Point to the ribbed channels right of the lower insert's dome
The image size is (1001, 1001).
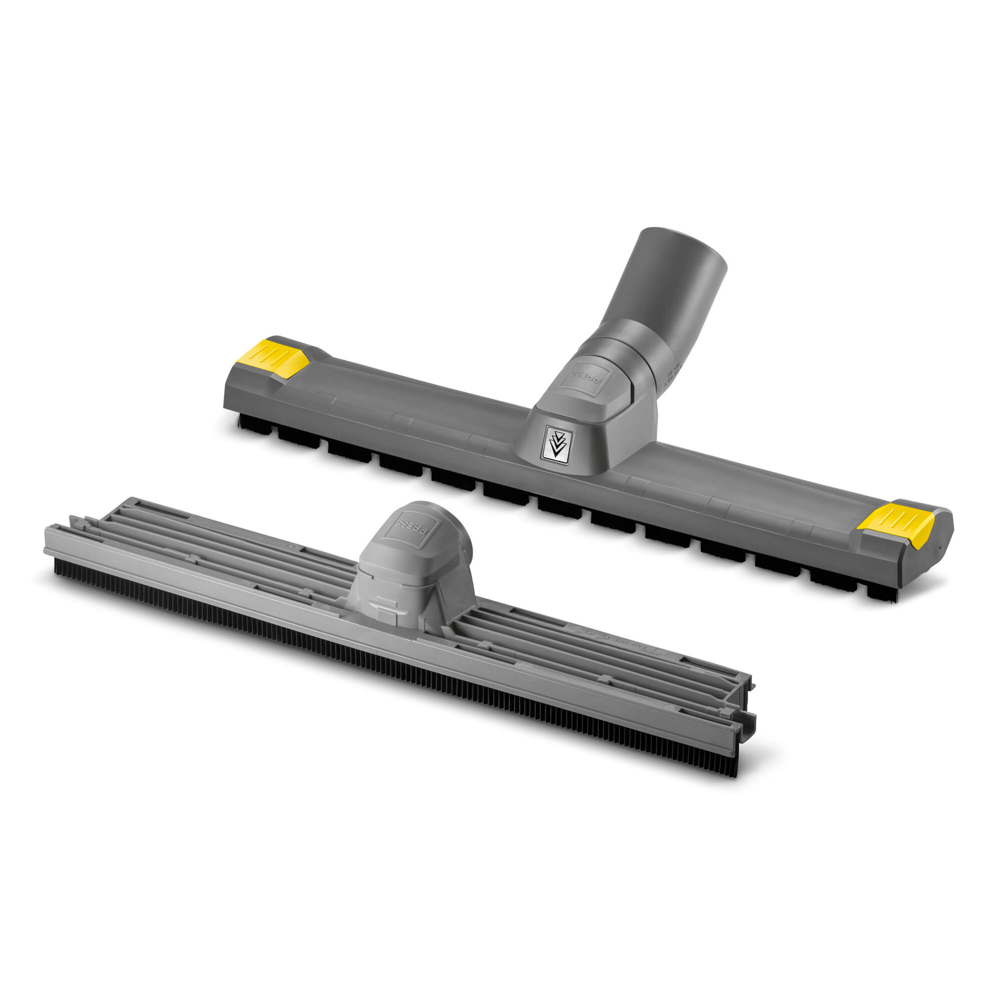coord(596,653)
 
